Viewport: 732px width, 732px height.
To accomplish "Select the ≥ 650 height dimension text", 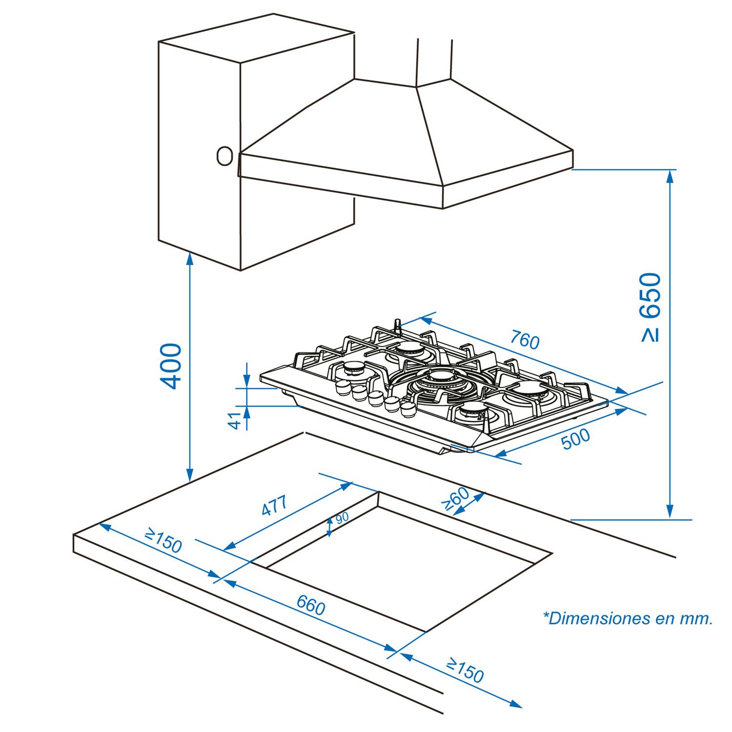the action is pyautogui.click(x=651, y=307).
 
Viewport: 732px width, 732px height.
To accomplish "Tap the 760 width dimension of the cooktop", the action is pyautogui.click(x=525, y=340).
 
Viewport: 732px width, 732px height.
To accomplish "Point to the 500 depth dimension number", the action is pyautogui.click(x=576, y=439).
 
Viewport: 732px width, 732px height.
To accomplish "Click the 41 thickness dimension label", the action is pyautogui.click(x=236, y=420).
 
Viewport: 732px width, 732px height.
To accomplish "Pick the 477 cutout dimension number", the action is pyautogui.click(x=274, y=506).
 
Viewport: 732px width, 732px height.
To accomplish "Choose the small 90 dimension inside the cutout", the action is pyautogui.click(x=342, y=517).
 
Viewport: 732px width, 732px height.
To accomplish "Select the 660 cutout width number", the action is pyautogui.click(x=311, y=606).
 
